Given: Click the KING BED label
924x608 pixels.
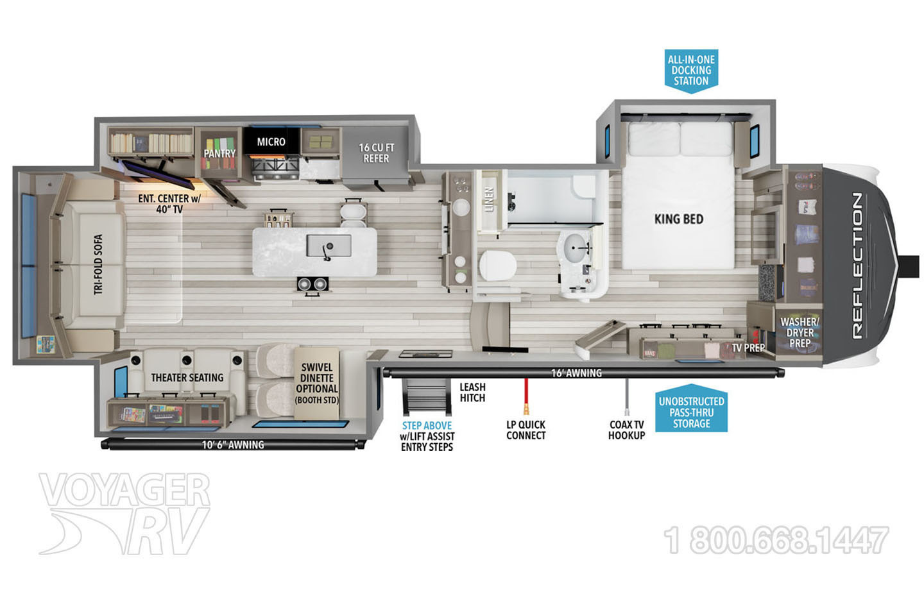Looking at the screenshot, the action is (x=679, y=219).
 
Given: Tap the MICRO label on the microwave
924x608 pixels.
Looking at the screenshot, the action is (x=271, y=142).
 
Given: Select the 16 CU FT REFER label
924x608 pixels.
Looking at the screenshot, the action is (x=376, y=153).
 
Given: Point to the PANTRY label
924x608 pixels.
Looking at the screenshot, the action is (x=219, y=153).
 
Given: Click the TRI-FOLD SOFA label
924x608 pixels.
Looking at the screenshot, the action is (x=98, y=264).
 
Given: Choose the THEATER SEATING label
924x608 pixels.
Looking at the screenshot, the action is (x=187, y=378).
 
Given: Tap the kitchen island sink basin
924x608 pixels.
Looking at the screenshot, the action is (x=329, y=246).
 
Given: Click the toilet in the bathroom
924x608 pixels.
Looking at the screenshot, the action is (x=497, y=266).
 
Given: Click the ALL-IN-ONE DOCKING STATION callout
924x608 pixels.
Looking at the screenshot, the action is (x=691, y=71).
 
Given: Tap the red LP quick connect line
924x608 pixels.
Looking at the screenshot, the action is (x=526, y=396).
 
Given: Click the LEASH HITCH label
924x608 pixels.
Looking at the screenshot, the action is (x=473, y=393).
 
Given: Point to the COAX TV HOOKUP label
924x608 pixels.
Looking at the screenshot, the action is (x=626, y=430).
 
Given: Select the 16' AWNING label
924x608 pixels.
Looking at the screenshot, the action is (x=576, y=373).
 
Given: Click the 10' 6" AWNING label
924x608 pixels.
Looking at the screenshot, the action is (x=233, y=444).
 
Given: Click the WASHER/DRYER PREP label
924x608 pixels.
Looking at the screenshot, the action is (x=800, y=333).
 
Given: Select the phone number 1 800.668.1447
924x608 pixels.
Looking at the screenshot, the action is (x=776, y=540).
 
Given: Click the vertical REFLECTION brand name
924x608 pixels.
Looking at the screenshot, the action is (x=857, y=266).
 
